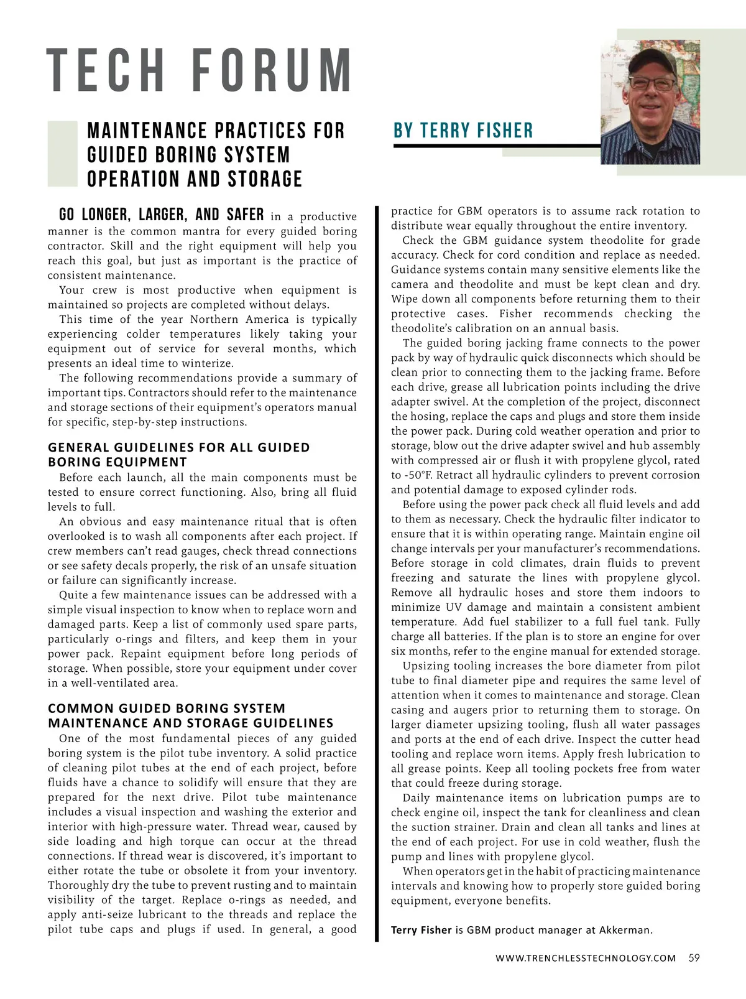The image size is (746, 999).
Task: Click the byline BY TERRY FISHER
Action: pos(463,131)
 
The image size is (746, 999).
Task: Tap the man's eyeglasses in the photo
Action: pos(651,83)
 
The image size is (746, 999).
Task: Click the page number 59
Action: pos(694,958)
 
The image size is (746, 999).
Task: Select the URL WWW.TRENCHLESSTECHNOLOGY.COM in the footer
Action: pos(586,958)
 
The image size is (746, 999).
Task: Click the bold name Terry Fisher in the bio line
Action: pos(421,930)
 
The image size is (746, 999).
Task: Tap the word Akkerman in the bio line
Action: pos(625,930)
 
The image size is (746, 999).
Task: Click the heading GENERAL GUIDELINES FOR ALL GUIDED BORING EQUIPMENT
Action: pos(178,455)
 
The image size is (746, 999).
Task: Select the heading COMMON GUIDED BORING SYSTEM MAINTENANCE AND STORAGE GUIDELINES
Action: pos(190,715)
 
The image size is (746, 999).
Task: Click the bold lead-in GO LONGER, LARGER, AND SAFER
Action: pos(161,215)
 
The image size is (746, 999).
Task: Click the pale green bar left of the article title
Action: pos(62,154)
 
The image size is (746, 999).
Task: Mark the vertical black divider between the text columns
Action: pos(377,572)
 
